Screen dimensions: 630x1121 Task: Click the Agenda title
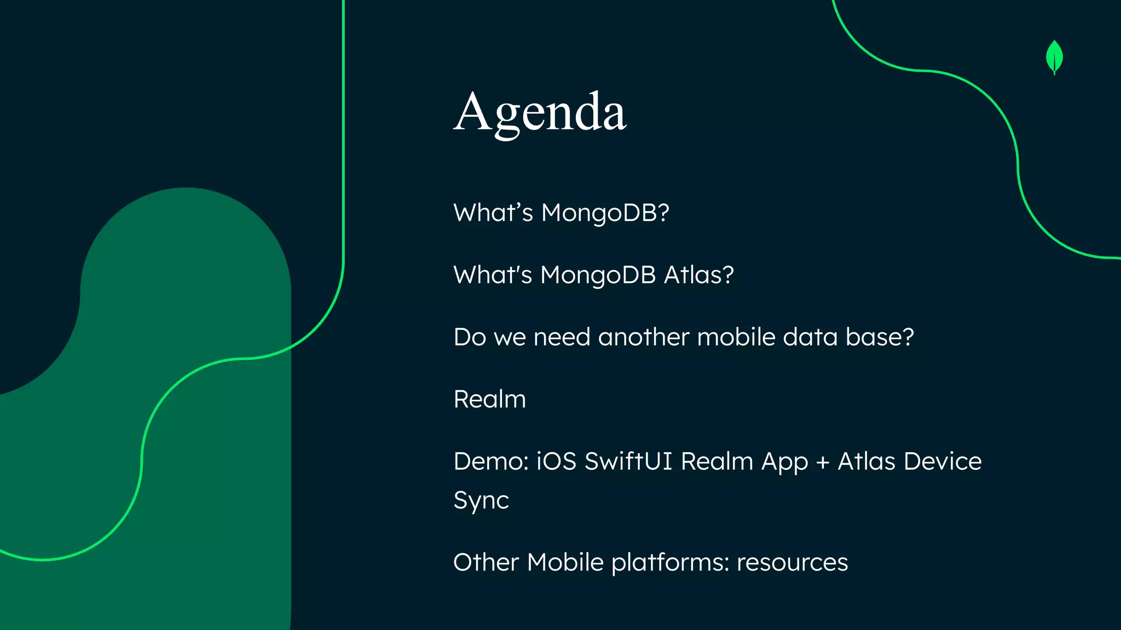(540, 113)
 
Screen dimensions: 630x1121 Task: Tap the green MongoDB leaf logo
(1054, 57)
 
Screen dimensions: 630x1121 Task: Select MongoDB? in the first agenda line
(605, 213)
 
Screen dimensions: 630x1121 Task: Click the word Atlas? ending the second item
(698, 275)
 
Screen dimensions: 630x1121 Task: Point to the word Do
(470, 337)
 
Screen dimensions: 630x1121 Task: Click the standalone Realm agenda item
(489, 399)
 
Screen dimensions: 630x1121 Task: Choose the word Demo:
(491, 462)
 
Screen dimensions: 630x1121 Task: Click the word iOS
(556, 462)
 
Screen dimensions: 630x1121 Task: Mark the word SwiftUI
(628, 462)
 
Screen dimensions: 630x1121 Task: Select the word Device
(943, 462)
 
